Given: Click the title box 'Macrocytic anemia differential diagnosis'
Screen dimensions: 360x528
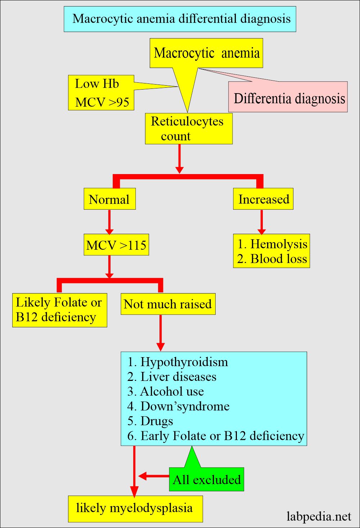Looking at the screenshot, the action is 180,19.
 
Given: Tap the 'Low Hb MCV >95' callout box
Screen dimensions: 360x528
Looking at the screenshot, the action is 101,93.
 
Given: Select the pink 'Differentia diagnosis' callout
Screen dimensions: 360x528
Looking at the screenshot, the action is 288,97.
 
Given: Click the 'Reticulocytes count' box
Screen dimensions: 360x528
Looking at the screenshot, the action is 189,129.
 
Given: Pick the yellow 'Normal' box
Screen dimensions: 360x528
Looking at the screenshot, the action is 110,199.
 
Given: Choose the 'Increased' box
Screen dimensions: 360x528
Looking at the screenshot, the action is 263,199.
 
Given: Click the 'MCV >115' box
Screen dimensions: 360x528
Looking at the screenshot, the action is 116,245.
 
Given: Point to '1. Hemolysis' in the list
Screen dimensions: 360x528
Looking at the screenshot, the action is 272,244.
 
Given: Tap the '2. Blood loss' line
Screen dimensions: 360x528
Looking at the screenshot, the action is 272,259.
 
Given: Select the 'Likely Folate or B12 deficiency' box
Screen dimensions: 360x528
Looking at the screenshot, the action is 60,310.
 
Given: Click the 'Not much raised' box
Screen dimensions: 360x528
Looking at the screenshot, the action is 168,304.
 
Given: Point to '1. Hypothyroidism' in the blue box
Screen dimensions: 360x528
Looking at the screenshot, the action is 177,362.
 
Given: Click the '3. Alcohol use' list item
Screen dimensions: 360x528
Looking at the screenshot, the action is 165,392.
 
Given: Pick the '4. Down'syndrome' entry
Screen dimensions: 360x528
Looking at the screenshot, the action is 178,406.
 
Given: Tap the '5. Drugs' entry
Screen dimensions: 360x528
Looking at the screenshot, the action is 150,421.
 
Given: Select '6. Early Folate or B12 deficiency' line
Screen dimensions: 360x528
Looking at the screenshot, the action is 216,436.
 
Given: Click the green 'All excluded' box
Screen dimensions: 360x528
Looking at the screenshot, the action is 206,479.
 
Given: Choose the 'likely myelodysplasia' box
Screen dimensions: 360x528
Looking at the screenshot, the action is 135,509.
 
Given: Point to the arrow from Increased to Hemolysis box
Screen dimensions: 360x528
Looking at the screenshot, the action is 262,222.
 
